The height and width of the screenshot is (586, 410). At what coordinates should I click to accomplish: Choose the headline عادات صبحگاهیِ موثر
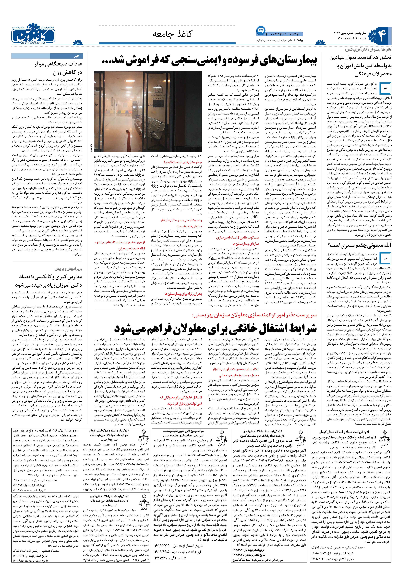58,64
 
